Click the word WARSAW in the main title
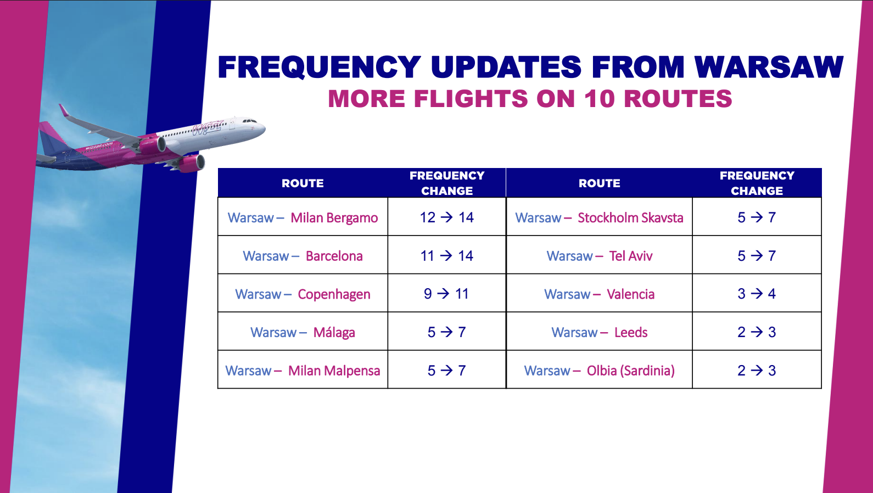pos(769,67)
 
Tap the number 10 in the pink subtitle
pos(600,98)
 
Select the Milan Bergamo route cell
pos(303,217)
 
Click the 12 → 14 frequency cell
pos(446,217)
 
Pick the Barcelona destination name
pos(334,256)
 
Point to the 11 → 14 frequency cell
pos(446,255)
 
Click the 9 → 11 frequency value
pos(446,294)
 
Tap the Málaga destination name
pos(334,333)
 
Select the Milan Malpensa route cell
pos(303,370)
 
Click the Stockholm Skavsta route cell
pos(600,217)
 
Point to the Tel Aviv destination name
pos(630,256)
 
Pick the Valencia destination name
pos(630,294)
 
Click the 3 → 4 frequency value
pos(757,294)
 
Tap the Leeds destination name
pos(630,332)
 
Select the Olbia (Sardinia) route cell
pos(600,370)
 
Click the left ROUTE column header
pos(303,183)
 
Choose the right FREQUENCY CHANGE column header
pos(757,183)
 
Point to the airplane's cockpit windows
pos(249,121)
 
